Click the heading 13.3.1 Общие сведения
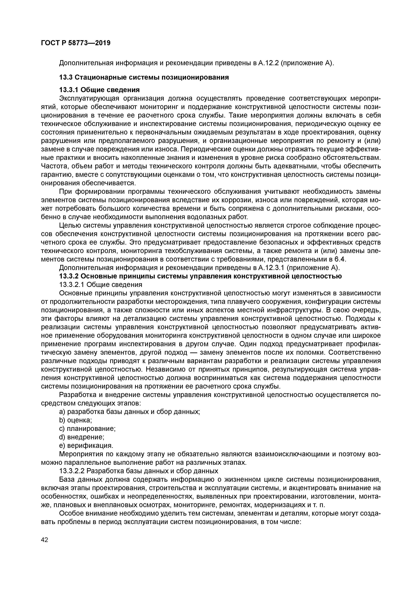coord(100,90)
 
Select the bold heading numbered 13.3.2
coord(200,276)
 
